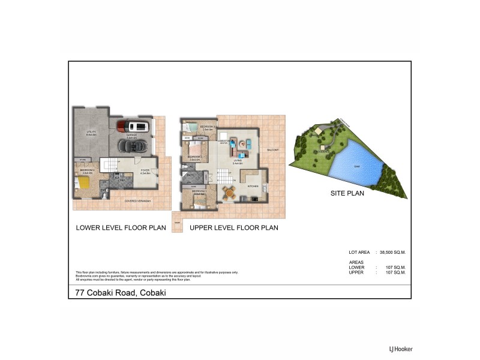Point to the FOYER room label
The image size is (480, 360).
(145, 171)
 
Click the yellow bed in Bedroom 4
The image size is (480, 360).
(86, 184)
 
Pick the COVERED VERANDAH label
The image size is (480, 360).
(137, 200)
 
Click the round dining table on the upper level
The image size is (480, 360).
(230, 192)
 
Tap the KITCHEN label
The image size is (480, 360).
(252, 187)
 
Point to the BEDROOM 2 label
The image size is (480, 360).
(195, 158)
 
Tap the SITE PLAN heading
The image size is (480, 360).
(348, 194)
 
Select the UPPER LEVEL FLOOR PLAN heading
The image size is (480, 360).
(234, 228)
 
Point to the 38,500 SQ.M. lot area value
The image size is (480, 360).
(392, 253)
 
